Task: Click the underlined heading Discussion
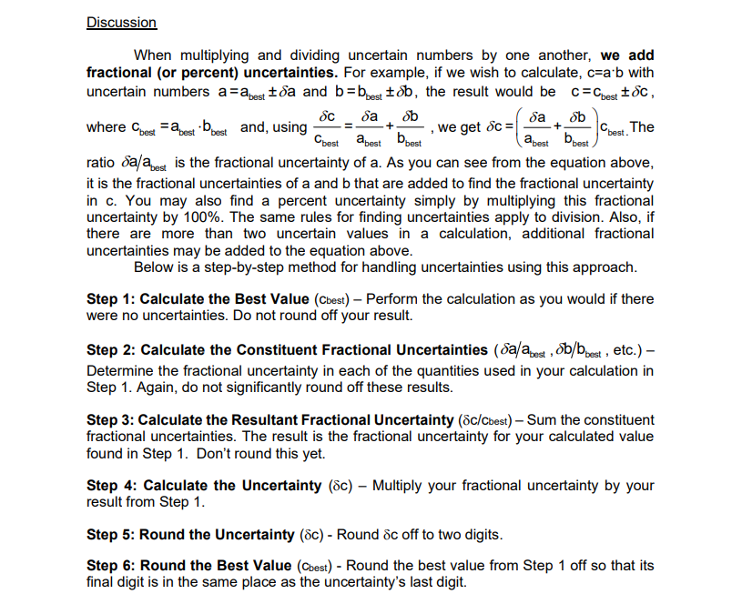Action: tap(121, 23)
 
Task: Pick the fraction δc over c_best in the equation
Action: tap(330, 127)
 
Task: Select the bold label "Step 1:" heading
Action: tap(111, 299)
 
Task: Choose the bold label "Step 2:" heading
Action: tap(111, 350)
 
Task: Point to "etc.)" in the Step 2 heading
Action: tap(627, 350)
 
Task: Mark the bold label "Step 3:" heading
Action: tap(111, 420)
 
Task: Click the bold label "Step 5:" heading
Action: tap(111, 534)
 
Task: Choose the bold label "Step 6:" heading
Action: tap(111, 566)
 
